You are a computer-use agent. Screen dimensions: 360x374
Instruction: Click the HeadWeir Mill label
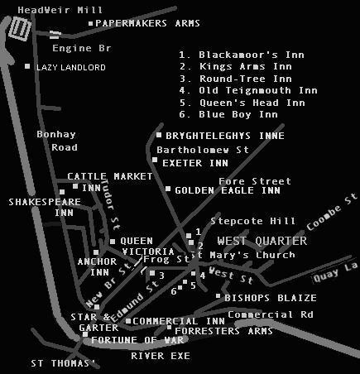pyautogui.click(x=60, y=11)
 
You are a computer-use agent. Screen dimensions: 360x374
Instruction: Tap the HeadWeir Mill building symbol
pyautogui.click(x=20, y=29)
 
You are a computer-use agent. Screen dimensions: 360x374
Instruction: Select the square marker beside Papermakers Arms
pyautogui.click(x=90, y=24)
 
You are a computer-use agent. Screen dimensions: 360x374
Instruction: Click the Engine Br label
pyautogui.click(x=82, y=49)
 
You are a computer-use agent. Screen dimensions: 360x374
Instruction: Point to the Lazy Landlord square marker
pyautogui.click(x=27, y=66)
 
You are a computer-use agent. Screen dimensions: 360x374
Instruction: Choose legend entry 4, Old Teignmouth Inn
pyautogui.click(x=248, y=90)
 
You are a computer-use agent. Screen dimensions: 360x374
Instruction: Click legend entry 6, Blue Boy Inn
pyautogui.click(x=228, y=114)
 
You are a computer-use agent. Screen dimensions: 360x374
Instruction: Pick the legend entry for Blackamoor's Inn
pyautogui.click(x=242, y=55)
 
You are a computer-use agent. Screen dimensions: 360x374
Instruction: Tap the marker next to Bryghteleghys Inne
pyautogui.click(x=159, y=135)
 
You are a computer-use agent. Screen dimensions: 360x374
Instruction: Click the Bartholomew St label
pyautogui.click(x=203, y=150)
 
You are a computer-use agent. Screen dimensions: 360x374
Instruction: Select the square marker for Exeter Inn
pyautogui.click(x=155, y=160)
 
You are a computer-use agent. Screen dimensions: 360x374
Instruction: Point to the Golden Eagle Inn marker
pyautogui.click(x=168, y=189)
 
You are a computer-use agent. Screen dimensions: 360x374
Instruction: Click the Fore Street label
pyautogui.click(x=255, y=181)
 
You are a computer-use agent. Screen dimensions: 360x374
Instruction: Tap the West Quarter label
pyautogui.click(x=262, y=241)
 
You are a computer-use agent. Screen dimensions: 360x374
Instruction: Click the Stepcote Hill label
pyautogui.click(x=252, y=221)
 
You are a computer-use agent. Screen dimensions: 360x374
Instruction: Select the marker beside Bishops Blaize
pyautogui.click(x=218, y=296)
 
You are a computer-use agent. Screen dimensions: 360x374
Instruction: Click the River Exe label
pyautogui.click(x=161, y=356)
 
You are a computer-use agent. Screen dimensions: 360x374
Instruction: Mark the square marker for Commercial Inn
pyautogui.click(x=128, y=321)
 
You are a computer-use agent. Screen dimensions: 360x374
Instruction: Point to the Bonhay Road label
pyautogui.click(x=57, y=141)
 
